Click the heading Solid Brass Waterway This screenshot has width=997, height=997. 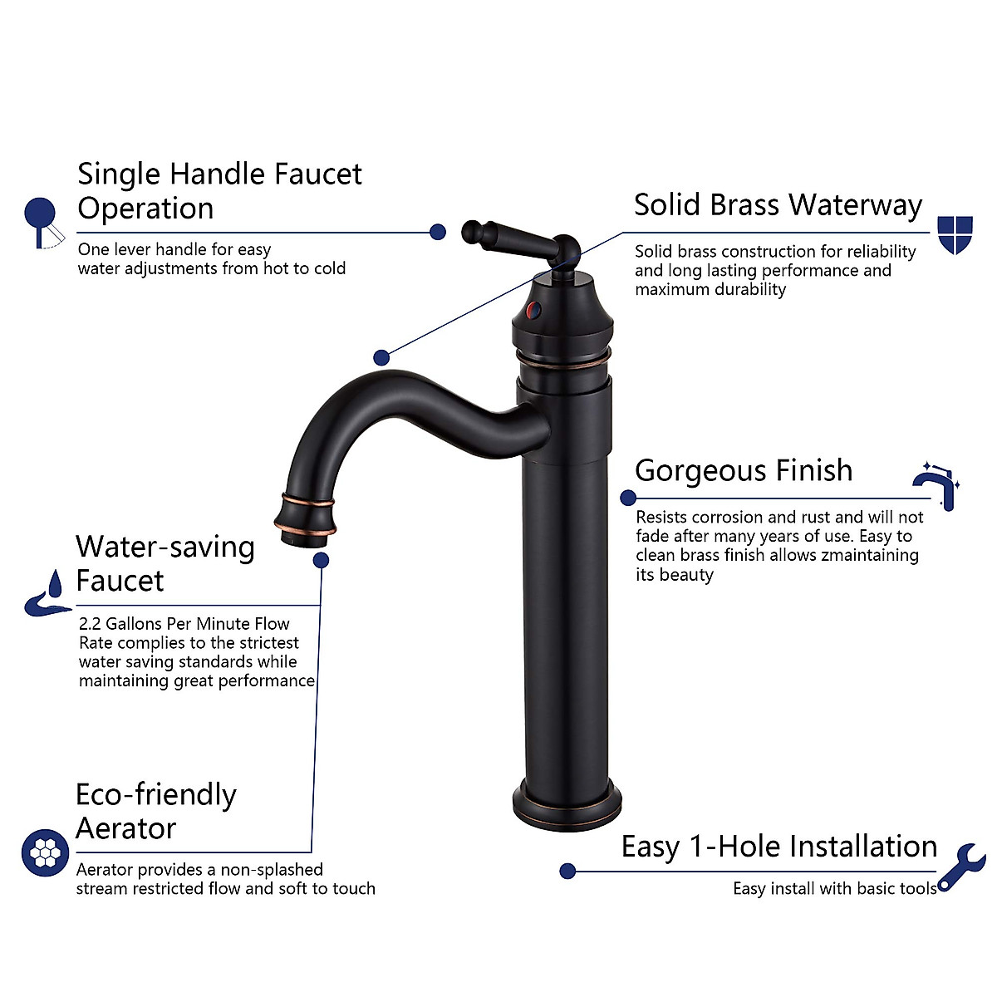coord(778,205)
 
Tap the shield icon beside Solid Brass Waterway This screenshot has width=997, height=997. coord(955,234)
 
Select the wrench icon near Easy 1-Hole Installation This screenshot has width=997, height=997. coord(963,867)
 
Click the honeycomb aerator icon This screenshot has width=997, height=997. coord(45,852)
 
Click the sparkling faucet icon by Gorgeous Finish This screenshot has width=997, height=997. coord(936,484)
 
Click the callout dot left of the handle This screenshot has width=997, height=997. coord(438,232)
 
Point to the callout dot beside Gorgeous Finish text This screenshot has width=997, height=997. coord(628,498)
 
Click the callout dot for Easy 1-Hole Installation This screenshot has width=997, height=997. coord(567,871)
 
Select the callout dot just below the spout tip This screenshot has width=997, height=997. coord(321,560)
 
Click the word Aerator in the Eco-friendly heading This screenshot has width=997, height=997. coord(126,829)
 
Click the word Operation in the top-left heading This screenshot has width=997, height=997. coord(145,209)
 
